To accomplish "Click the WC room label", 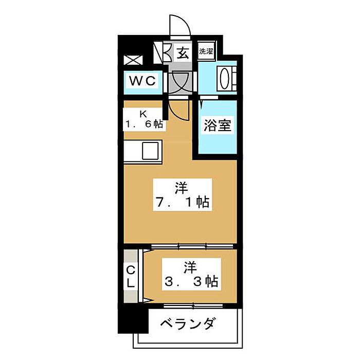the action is (x=142, y=81).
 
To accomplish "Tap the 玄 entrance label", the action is (x=183, y=53).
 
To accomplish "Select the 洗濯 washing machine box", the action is (x=206, y=51).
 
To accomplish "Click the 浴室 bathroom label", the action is (x=217, y=125).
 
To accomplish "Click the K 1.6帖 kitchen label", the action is (x=144, y=119).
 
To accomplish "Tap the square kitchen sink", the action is (x=150, y=151).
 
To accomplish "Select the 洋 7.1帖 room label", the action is (x=183, y=195).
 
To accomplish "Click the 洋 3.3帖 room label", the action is (x=191, y=274).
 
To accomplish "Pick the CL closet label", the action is (x=131, y=277).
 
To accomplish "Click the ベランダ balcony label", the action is (x=188, y=323).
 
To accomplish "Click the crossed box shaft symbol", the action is (x=133, y=60).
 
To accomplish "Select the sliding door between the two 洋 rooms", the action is (x=192, y=246).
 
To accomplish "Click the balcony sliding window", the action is (x=193, y=306).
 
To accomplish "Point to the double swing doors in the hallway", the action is (x=181, y=83).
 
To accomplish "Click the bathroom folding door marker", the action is (x=202, y=104).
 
